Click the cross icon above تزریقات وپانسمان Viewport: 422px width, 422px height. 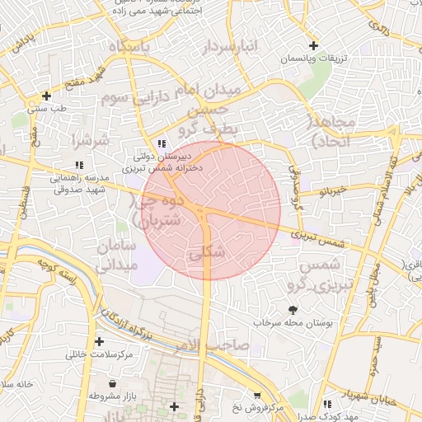[x=313, y=45]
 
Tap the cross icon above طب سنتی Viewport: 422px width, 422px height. [x=46, y=95]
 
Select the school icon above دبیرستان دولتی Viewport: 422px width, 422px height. [x=162, y=143]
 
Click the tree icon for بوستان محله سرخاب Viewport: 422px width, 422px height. [x=293, y=310]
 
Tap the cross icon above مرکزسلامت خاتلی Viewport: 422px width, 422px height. [x=100, y=341]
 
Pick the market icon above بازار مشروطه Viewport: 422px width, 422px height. [x=114, y=384]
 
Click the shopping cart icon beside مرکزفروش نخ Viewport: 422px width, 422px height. [x=257, y=396]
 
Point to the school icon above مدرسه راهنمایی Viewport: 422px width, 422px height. [x=79, y=165]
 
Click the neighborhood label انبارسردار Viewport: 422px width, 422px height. [x=231, y=48]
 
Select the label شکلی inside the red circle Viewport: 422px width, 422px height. [x=207, y=254]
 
